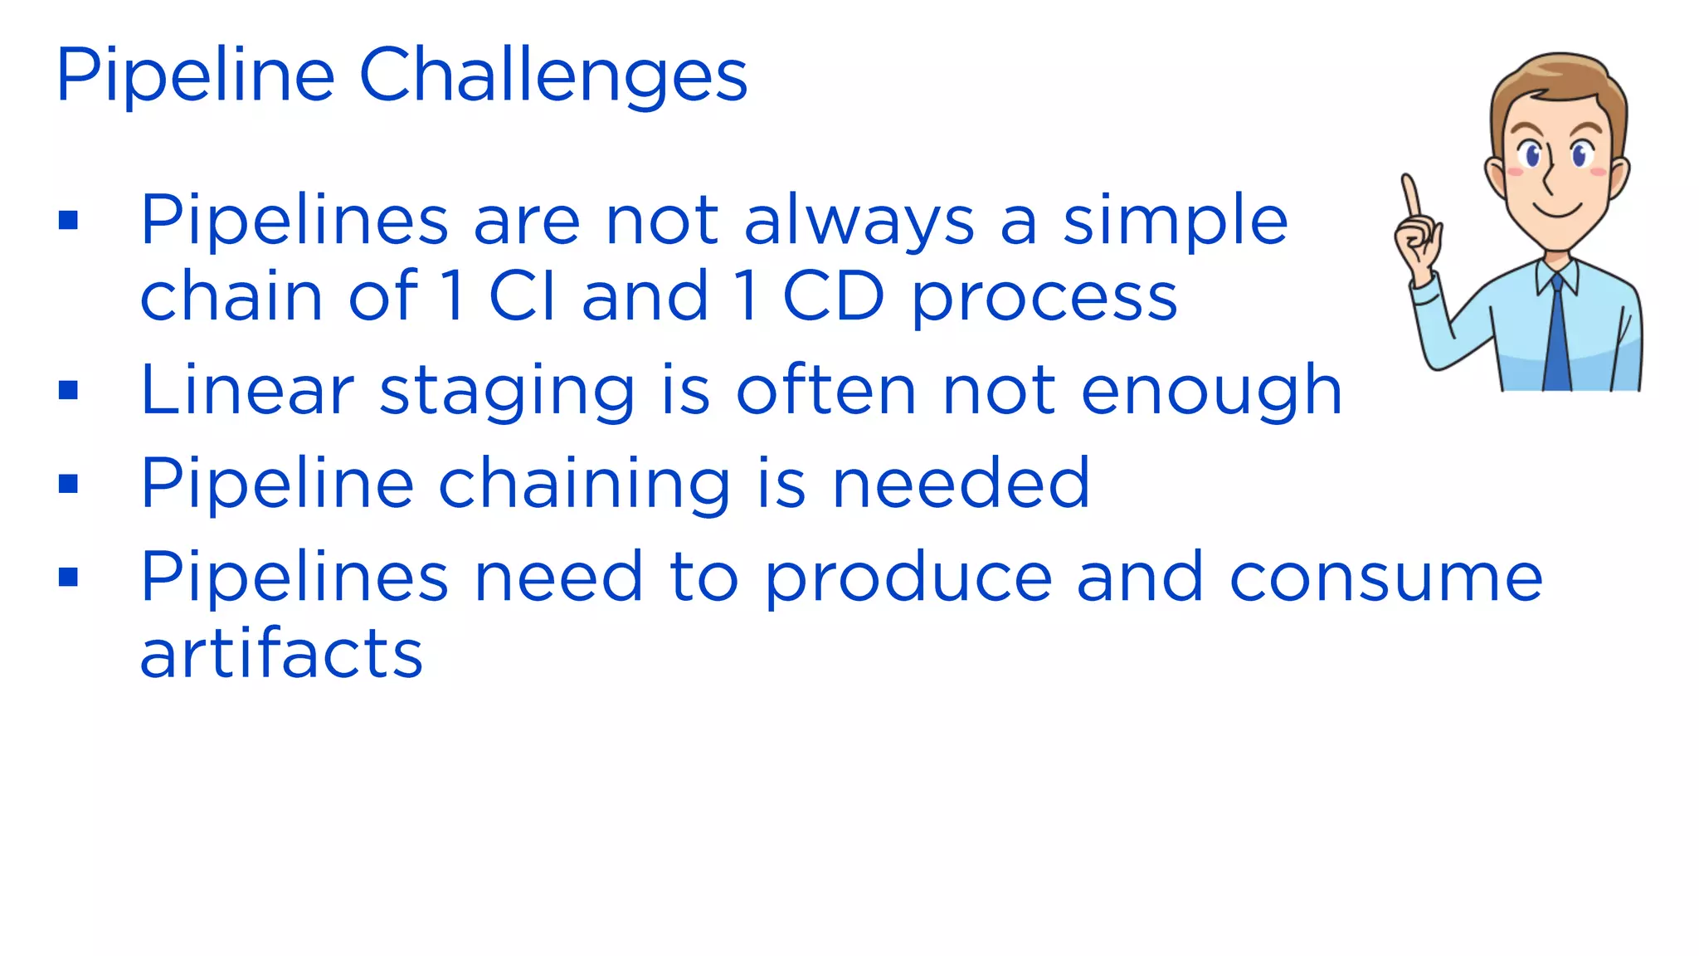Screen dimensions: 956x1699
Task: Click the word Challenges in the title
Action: (553, 77)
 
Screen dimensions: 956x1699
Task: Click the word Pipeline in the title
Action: (195, 77)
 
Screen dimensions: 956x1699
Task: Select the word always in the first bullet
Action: (859, 222)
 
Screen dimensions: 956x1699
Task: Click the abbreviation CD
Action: (833, 297)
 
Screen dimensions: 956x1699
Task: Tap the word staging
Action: (507, 392)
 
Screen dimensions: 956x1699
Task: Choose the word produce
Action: (908, 578)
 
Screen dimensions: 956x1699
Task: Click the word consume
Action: (1385, 578)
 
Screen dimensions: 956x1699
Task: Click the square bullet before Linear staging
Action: (69, 389)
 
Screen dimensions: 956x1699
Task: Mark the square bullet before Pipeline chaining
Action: (69, 483)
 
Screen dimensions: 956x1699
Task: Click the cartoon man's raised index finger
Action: (1409, 196)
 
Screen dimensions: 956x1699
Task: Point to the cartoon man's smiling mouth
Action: (1558, 210)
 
